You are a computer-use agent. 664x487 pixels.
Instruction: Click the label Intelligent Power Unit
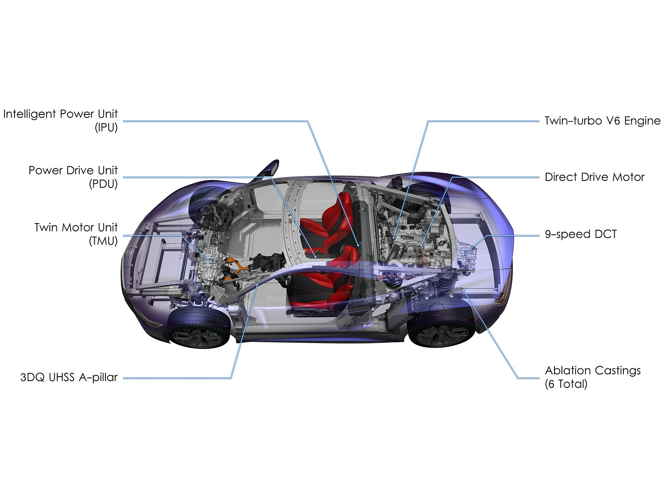click(61, 114)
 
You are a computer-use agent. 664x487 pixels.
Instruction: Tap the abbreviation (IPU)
click(106, 128)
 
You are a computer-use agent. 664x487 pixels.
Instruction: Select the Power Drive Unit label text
click(73, 170)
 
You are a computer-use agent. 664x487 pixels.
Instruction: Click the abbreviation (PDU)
click(103, 184)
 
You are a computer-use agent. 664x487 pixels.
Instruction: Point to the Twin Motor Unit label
click(76, 227)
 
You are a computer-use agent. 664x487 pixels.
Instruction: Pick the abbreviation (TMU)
click(103, 241)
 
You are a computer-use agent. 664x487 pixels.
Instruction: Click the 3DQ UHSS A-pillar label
click(69, 377)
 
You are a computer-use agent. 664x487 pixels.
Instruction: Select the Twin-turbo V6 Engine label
click(603, 121)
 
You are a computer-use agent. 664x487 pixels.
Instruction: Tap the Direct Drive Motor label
click(595, 177)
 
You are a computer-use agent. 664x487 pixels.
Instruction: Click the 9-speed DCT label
click(581, 234)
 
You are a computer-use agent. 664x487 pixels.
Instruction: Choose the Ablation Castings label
click(593, 370)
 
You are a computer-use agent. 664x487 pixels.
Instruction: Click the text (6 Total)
click(566, 384)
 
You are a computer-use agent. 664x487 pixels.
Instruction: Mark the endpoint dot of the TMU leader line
click(211, 262)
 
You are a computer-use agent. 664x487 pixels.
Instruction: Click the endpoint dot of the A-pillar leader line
click(258, 285)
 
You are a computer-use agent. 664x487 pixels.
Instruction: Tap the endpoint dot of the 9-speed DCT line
click(463, 254)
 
